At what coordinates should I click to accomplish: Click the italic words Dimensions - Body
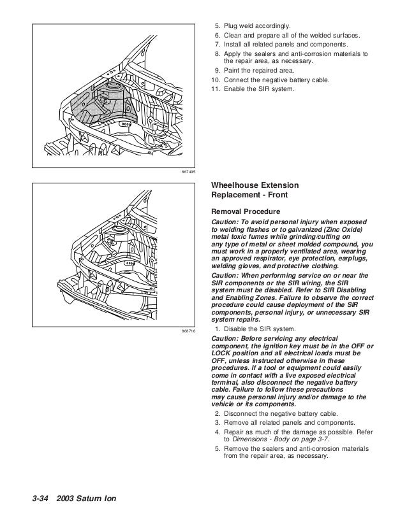[x=258, y=439]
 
